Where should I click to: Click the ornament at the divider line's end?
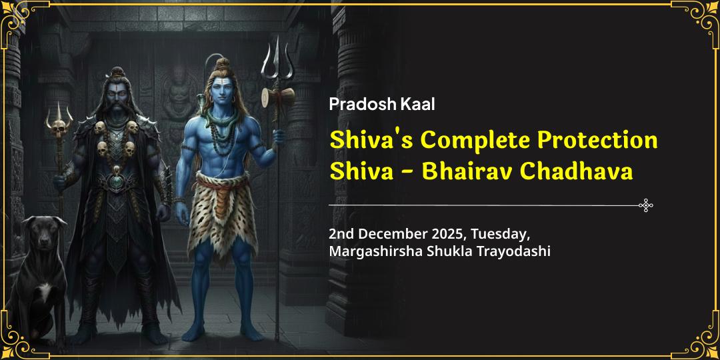[645, 205]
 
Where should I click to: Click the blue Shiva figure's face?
[222, 90]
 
